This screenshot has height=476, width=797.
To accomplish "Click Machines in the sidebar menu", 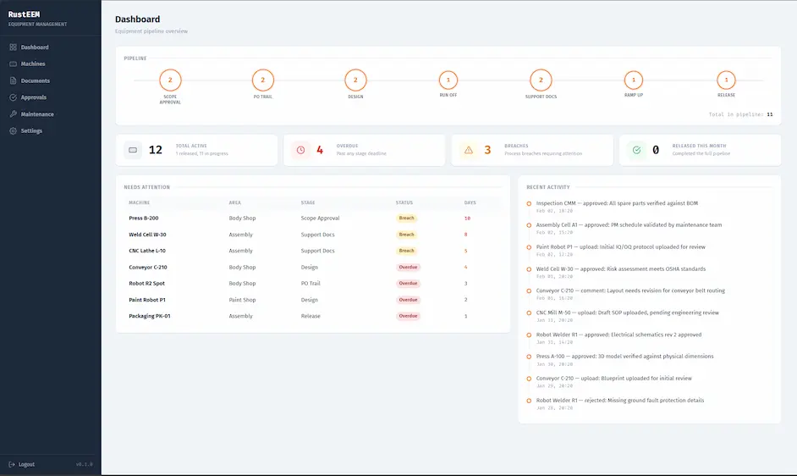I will coord(33,64).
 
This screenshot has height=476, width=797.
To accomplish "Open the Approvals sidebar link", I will coord(34,97).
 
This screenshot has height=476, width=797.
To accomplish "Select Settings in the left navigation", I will coord(31,131).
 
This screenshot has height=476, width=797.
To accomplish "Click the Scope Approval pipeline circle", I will coord(170,80).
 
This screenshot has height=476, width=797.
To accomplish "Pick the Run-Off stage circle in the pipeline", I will coord(448,80).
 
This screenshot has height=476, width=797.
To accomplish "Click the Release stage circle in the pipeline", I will coord(725,80).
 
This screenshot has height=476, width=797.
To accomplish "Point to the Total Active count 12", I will coord(156,150).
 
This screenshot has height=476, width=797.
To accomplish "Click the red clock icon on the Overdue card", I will coord(300,150).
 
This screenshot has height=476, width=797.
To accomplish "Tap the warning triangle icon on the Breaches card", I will coord(468,150).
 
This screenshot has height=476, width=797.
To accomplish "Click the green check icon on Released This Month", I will coord(636,150).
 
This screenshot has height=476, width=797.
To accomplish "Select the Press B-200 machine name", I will coord(143,219).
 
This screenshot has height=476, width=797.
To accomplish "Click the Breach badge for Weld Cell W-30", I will coord(407,235).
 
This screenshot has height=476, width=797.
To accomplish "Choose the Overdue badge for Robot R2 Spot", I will coord(409,284).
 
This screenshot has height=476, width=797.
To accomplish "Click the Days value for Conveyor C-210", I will coord(465,268).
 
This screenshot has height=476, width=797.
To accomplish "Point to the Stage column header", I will coord(308,202).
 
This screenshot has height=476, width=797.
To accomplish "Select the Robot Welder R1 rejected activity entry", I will coord(619,400).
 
